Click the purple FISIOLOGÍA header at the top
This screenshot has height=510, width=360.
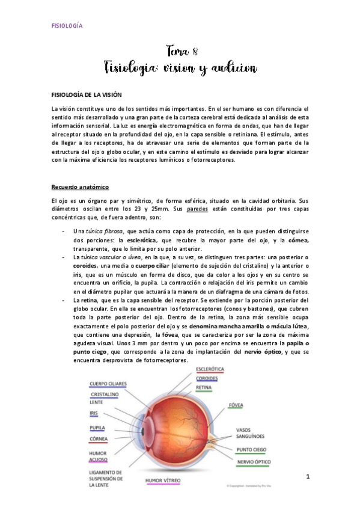66,26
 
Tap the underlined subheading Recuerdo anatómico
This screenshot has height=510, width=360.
80,188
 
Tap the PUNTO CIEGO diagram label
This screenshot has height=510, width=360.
252,449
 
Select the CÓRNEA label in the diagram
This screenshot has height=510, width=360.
98,438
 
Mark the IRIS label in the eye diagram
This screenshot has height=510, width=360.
94,413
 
